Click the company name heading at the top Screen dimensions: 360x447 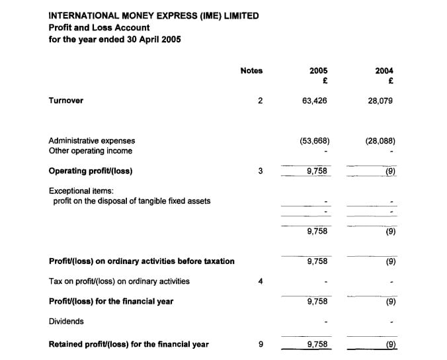pyautogui.click(x=153, y=15)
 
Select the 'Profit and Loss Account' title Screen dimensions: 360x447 pyautogui.click(x=99, y=27)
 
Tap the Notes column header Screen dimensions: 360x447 pyautogui.click(x=251, y=71)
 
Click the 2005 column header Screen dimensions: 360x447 pyautogui.click(x=318, y=71)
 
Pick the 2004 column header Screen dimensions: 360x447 pyautogui.click(x=384, y=71)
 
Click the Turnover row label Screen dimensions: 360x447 pyautogui.click(x=65, y=101)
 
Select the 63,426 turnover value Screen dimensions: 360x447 pyautogui.click(x=314, y=101)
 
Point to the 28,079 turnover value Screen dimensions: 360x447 pyautogui.click(x=380, y=101)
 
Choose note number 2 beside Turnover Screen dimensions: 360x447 pyautogui.click(x=261, y=101)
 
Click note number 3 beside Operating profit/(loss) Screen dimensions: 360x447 pyautogui.click(x=261, y=171)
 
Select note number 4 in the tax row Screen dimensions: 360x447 pyautogui.click(x=261, y=281)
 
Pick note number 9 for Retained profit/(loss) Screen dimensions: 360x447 pyautogui.click(x=261, y=344)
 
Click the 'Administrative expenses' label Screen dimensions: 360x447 pyautogui.click(x=91, y=141)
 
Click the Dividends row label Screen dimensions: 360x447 pyautogui.click(x=66, y=322)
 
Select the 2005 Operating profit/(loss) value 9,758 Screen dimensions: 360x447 pyautogui.click(x=317, y=171)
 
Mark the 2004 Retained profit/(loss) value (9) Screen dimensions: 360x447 pyautogui.click(x=390, y=344)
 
